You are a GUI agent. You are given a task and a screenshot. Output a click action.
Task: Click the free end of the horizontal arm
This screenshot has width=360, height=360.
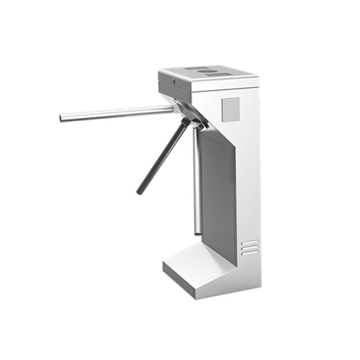click(62, 118)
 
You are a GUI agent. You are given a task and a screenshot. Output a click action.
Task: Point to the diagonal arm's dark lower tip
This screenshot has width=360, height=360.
click(140, 192)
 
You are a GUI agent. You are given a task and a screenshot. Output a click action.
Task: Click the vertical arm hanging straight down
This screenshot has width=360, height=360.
click(197, 182)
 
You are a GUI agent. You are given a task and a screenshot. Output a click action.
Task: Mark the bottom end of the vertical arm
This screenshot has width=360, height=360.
click(199, 232)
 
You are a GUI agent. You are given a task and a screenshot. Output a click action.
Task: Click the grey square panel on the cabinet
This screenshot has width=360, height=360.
click(231, 109)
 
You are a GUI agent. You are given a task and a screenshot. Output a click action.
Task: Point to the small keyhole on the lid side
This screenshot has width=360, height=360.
click(174, 81)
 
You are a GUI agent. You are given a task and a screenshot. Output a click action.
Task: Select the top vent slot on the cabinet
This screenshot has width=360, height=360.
click(250, 242)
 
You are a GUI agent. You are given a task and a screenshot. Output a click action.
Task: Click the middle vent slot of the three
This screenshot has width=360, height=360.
click(250, 247)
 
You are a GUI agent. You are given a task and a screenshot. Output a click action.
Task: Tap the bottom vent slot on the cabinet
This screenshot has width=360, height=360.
click(250, 253)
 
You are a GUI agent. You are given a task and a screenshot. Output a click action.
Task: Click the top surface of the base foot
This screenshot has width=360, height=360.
click(197, 260)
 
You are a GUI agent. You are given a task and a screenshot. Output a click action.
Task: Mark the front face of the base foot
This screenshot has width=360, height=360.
click(196, 282)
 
